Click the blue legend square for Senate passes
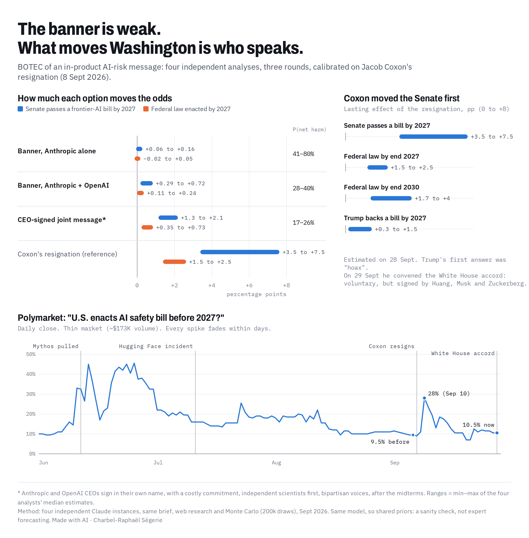(20, 109)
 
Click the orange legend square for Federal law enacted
(146, 109)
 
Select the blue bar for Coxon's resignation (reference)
(240, 252)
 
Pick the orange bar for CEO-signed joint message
(147, 228)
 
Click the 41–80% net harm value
(303, 154)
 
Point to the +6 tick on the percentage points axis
(249, 285)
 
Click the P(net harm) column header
(309, 129)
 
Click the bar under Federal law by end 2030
(391, 198)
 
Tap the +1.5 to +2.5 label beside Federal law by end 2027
(412, 167)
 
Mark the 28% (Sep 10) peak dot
(424, 398)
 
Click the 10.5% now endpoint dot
(497, 433)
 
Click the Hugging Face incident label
(156, 346)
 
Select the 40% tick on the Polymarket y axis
(31, 374)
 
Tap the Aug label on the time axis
(276, 462)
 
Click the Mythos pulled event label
(56, 346)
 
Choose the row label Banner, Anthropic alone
(57, 151)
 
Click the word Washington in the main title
(153, 48)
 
